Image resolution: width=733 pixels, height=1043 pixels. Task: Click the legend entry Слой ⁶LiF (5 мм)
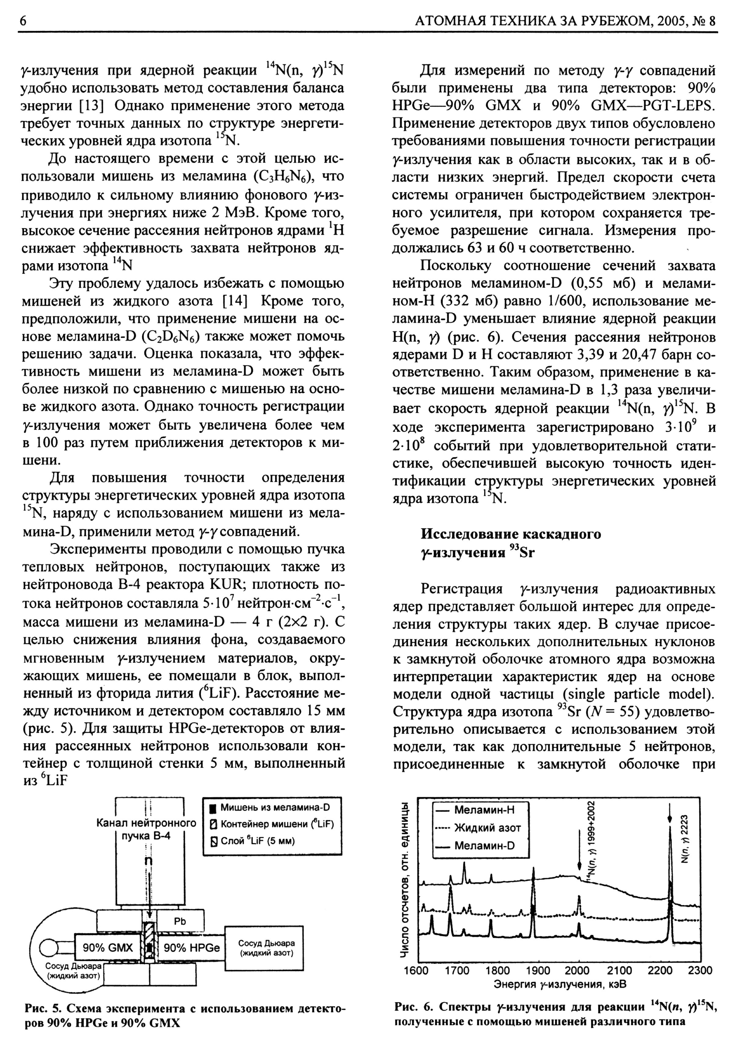click(252, 841)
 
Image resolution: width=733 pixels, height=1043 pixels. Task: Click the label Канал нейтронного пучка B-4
click(146, 829)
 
